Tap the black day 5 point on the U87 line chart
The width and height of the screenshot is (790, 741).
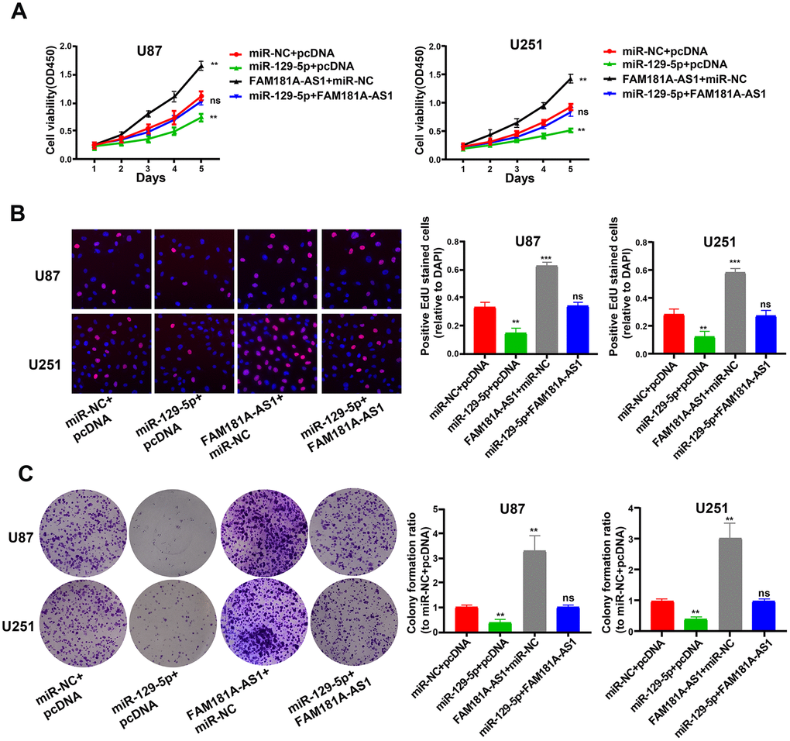click(201, 66)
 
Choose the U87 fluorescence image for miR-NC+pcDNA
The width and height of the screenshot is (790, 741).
click(112, 269)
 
